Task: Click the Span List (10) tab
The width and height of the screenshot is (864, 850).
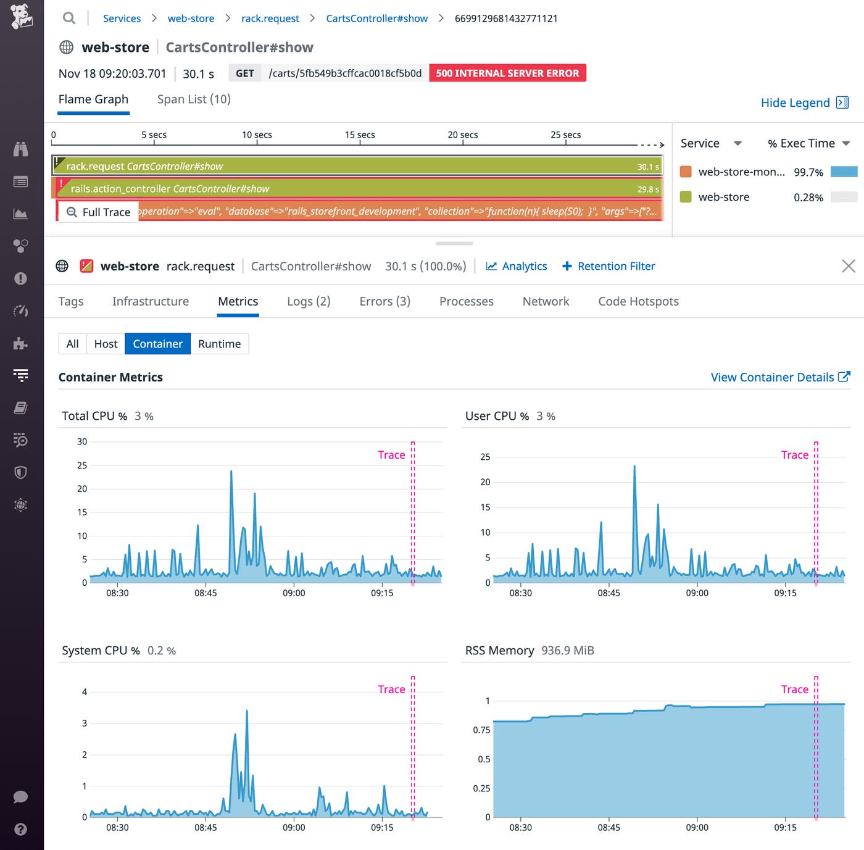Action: point(194,99)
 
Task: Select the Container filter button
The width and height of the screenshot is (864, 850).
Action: point(157,344)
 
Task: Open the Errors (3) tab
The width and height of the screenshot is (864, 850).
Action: point(384,301)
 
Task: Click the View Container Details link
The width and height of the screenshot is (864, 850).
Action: point(779,377)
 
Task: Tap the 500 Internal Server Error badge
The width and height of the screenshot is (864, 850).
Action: point(507,73)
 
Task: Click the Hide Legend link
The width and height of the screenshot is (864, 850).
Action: point(804,102)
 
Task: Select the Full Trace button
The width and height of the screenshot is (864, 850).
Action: point(99,212)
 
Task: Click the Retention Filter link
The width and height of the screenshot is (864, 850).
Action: point(609,266)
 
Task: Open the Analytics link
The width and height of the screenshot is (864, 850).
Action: point(517,266)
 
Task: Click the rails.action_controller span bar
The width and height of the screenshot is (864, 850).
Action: point(358,189)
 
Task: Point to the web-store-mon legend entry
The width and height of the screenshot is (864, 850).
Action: point(741,172)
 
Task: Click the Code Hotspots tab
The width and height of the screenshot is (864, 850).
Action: point(638,301)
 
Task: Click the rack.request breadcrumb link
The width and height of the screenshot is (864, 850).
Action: point(270,19)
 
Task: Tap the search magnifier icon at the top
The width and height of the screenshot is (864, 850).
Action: point(69,19)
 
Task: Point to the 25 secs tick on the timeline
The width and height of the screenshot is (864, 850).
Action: point(565,135)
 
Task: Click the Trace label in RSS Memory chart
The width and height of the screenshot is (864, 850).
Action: point(794,690)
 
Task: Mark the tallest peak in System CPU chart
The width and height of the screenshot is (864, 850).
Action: point(247,711)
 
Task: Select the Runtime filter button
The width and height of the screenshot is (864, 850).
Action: point(219,344)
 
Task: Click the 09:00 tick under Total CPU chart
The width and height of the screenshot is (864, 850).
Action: point(294,593)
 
